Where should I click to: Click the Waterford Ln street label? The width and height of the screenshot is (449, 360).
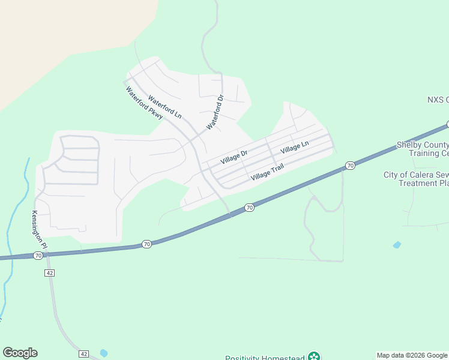164,107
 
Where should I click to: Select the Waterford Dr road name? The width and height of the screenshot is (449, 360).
215,112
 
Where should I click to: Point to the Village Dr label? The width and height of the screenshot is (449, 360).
234,158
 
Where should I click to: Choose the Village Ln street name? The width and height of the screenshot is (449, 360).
294,146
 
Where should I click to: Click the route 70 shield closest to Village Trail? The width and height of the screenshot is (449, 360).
249,208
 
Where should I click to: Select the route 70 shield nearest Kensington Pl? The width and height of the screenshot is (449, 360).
38,256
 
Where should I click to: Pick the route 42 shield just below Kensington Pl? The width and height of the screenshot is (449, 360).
49,272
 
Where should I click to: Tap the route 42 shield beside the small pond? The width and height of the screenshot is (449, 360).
83,353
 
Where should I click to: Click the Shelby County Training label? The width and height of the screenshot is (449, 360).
423,149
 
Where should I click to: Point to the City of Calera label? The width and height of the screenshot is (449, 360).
416,179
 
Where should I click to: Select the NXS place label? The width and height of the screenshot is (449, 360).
438,100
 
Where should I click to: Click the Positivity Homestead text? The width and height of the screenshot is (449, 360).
264,358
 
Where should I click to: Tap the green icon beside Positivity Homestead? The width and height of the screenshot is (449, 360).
313,356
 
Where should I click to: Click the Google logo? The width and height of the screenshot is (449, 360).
20,353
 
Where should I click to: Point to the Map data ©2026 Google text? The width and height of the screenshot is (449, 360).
412,355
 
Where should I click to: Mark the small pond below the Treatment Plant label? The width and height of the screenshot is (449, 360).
396,245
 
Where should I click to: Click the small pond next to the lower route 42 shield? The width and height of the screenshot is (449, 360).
104,353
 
